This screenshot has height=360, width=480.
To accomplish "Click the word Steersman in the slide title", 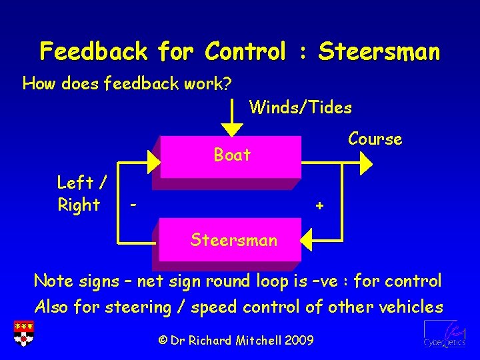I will coord(379,51).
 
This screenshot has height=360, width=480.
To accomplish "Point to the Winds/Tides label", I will coord(300,107).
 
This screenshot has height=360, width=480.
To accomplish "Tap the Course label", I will coord(375,139).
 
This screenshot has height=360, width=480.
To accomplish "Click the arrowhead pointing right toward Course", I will coord(367,161).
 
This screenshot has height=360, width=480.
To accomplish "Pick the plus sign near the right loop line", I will coord(320,206).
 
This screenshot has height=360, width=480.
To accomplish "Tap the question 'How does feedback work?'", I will coord(127,84).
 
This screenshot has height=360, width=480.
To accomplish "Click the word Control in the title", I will coord(246,51).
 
